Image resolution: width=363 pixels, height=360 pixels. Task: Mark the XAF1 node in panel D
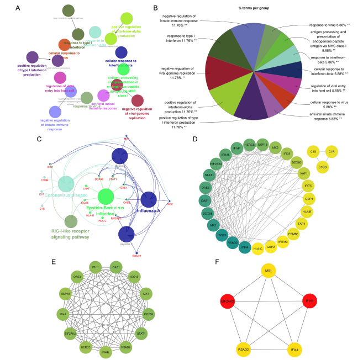tap(335, 173)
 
